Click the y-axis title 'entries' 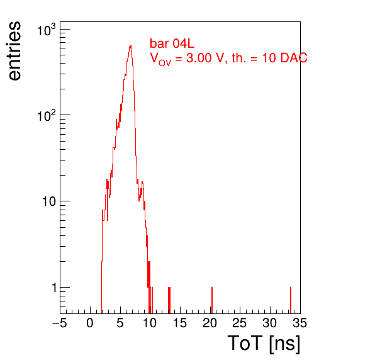click(x=14, y=51)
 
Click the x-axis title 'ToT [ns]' click(x=264, y=344)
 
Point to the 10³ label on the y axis click(x=46, y=30)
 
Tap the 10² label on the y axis click(x=46, y=116)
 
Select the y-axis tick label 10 click(x=49, y=201)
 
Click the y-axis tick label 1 click(x=54, y=288)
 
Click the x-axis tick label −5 click(x=60, y=323)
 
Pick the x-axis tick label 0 click(x=90, y=323)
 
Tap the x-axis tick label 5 click(x=120, y=323)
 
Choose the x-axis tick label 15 click(x=180, y=323)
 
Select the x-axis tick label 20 click(x=210, y=323)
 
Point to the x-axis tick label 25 click(x=240, y=323)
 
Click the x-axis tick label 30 click(x=270, y=323)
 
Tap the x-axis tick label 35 click(x=299, y=323)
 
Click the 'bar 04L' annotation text click(x=172, y=43)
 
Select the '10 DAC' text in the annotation click(x=284, y=58)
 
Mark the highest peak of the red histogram click(x=130, y=46)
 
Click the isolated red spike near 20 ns click(x=212, y=300)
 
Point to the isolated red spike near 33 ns click(x=291, y=300)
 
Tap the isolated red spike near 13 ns click(x=169, y=300)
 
